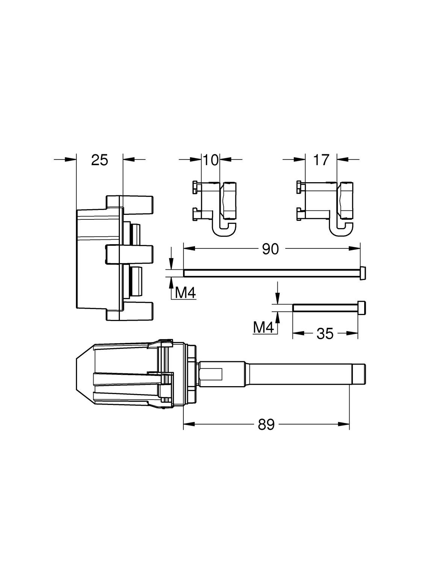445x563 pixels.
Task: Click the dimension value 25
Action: click(x=100, y=160)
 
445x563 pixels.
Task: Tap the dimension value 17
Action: click(x=321, y=160)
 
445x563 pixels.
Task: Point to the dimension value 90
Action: click(x=270, y=249)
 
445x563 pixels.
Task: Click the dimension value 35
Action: click(x=325, y=333)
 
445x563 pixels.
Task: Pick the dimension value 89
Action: click(x=266, y=425)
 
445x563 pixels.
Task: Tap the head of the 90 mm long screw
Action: click(x=363, y=273)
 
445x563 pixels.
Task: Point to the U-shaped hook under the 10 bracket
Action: click(x=225, y=229)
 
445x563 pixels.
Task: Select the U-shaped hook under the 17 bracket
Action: click(x=341, y=229)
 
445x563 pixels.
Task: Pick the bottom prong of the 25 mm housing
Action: click(x=130, y=311)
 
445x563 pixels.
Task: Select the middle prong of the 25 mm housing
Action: click(x=130, y=254)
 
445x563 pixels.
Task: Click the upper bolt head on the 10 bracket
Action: click(x=195, y=187)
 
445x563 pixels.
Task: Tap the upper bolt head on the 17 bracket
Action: click(x=299, y=187)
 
